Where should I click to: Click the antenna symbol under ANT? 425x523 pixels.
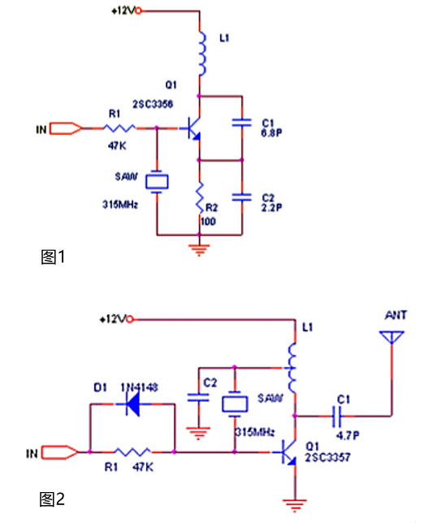[391, 338]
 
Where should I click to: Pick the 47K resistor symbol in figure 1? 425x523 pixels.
[122, 128]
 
